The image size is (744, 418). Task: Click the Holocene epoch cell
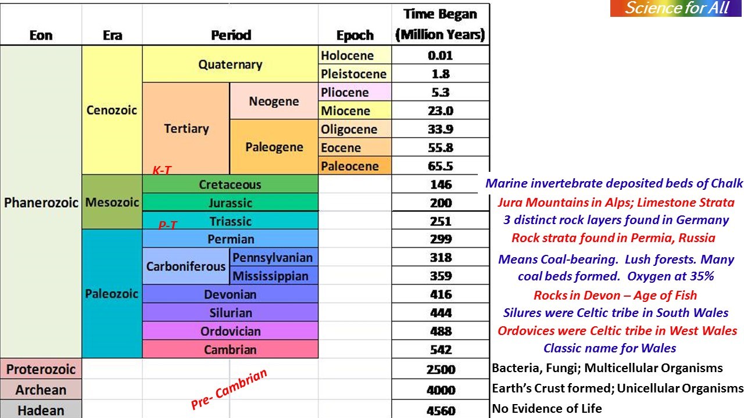tap(355, 56)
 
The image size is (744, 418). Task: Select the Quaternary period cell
tap(230, 64)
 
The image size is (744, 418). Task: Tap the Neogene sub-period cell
tap(274, 101)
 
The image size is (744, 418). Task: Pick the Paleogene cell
tap(274, 147)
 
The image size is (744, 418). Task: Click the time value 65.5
tap(441, 166)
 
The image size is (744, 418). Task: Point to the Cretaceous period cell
tap(230, 185)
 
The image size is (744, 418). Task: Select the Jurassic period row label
tap(230, 203)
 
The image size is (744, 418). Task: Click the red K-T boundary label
tap(162, 170)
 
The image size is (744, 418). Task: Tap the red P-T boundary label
tap(167, 225)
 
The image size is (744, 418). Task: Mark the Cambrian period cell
tap(230, 349)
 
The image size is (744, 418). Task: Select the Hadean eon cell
tap(41, 410)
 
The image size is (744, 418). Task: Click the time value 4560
tap(441, 410)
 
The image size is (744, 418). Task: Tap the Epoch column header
tap(355, 35)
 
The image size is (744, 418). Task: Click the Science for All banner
tap(677, 8)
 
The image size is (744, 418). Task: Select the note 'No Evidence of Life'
tap(547, 409)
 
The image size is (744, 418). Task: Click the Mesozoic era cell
tap(112, 203)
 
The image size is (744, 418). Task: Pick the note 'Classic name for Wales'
tap(610, 348)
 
